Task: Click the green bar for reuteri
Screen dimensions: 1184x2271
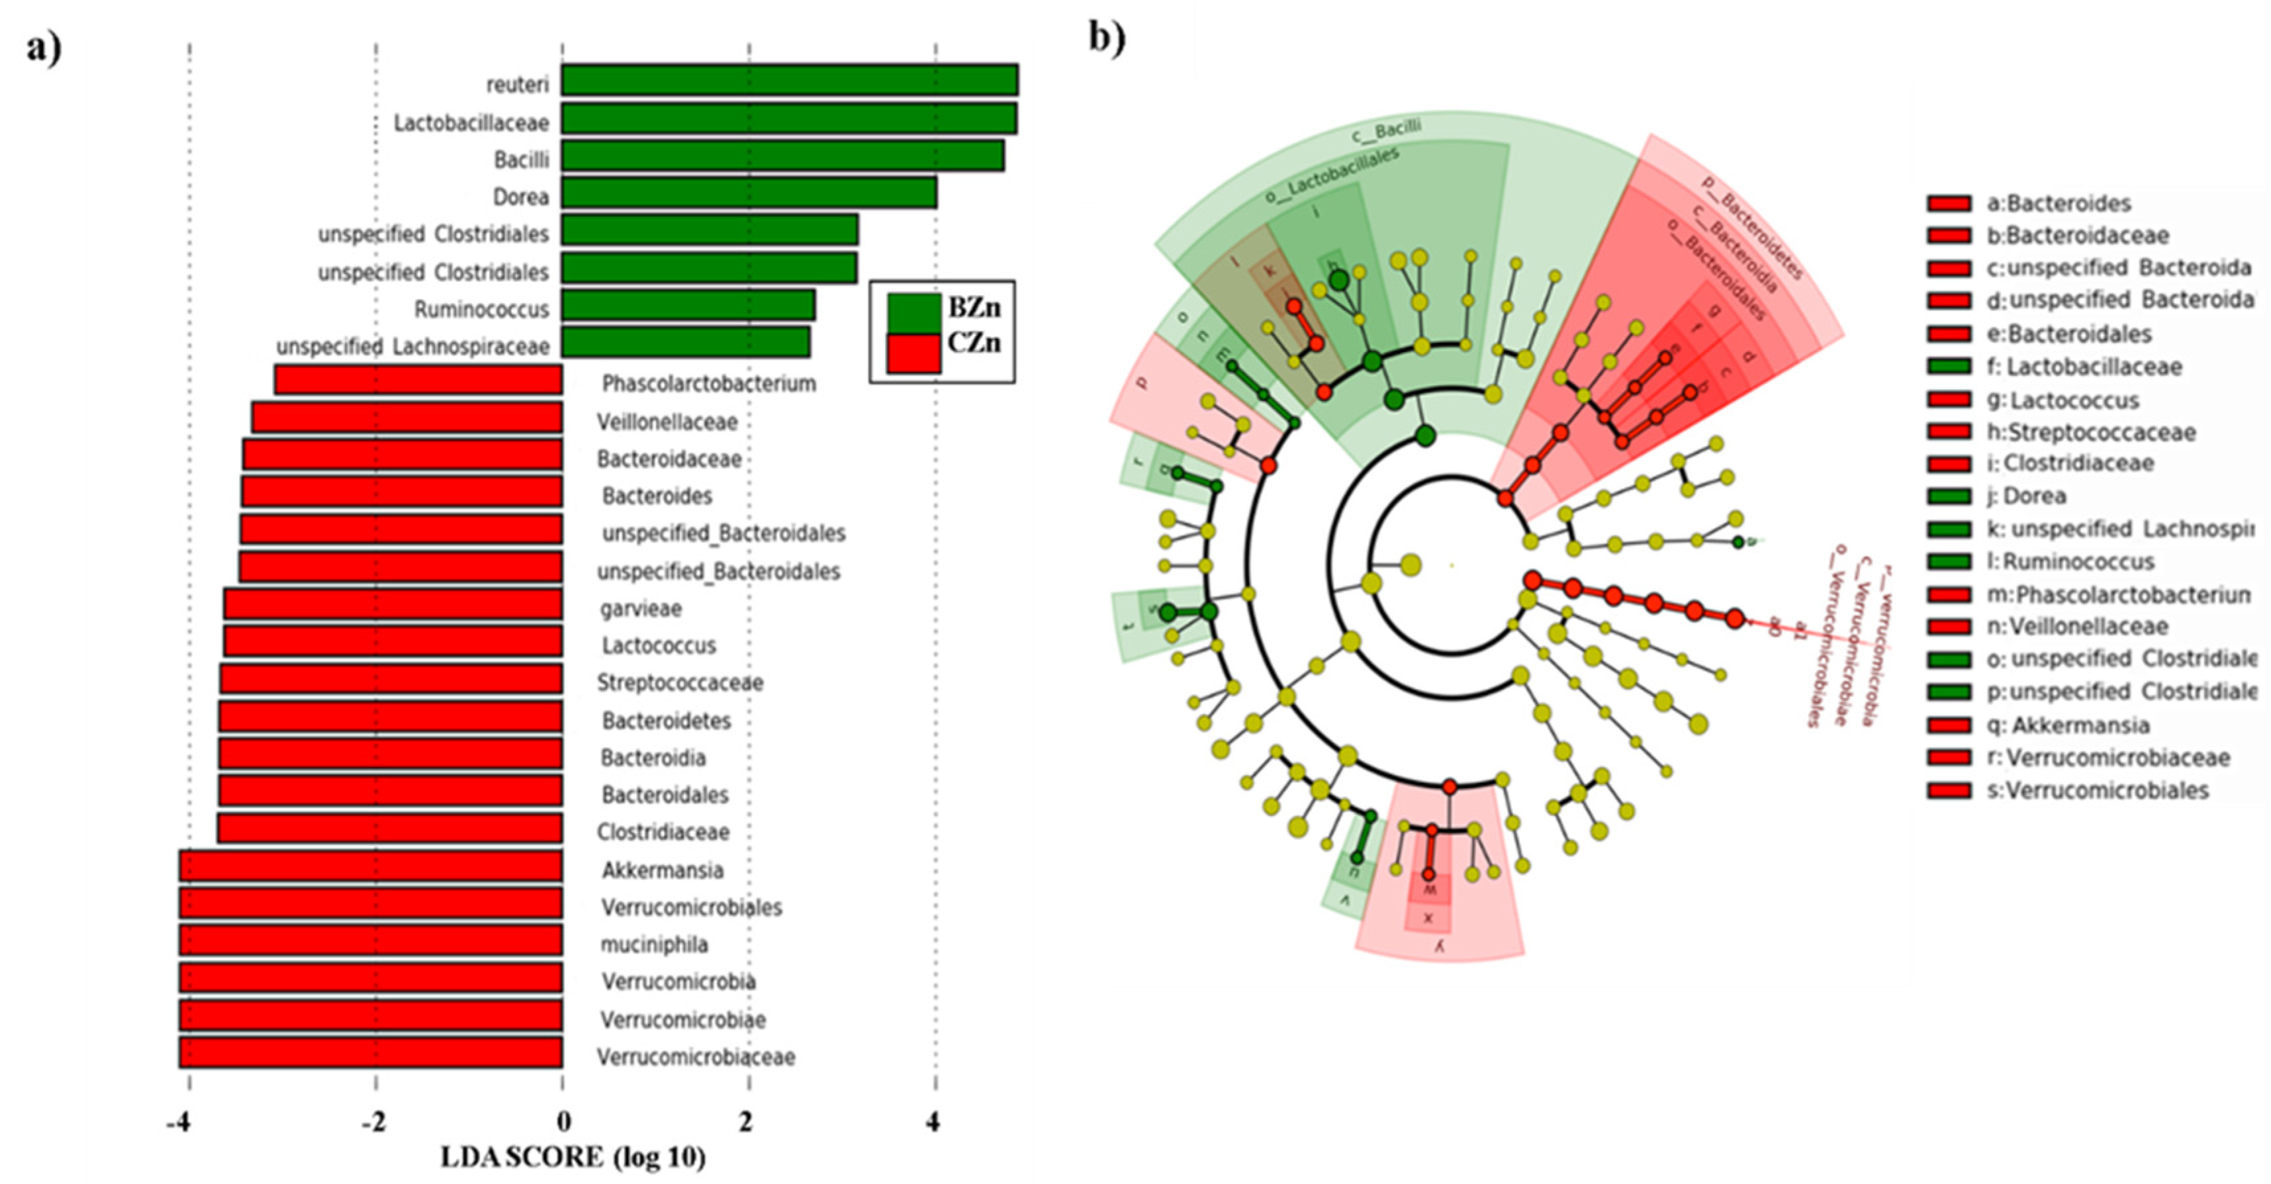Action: point(789,79)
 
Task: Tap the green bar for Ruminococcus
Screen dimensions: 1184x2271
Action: point(688,306)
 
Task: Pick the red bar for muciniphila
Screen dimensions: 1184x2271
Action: point(370,940)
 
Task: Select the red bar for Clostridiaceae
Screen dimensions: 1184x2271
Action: point(390,829)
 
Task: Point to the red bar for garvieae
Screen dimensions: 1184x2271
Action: point(393,605)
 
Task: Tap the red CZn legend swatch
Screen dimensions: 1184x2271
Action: point(913,352)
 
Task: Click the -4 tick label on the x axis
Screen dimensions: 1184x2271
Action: point(179,1122)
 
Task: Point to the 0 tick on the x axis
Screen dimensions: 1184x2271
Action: point(563,1122)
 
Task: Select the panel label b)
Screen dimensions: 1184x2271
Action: point(1107,38)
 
